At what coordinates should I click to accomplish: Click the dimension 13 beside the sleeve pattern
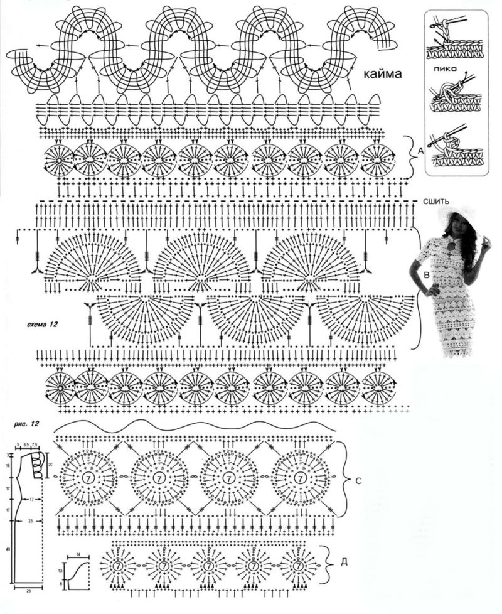tap(60, 571)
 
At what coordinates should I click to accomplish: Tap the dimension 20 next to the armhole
tap(50, 465)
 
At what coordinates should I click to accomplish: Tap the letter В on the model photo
tap(427, 274)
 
